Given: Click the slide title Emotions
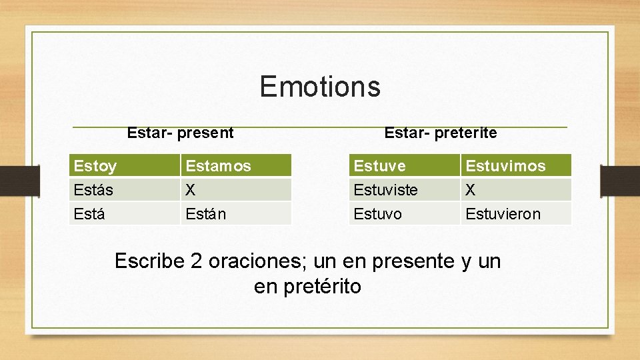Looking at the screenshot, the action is point(320,86).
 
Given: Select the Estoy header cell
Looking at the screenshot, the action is point(125,165).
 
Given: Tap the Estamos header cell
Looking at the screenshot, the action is point(236,165).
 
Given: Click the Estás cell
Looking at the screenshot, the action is point(125,189).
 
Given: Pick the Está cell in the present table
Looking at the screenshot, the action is point(125,213).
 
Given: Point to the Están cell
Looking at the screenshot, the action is point(236,213).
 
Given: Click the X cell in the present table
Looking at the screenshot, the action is point(236,189).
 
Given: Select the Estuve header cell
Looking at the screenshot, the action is point(405,165).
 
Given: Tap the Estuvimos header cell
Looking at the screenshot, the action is point(516,165).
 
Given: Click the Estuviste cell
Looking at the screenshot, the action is point(405,189).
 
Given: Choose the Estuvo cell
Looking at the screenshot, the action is point(405,213).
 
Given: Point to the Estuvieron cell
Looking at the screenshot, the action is point(516,213).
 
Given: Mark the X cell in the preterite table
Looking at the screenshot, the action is point(516,189).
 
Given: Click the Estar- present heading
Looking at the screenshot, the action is point(180,133).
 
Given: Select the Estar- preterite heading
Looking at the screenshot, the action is point(441,133).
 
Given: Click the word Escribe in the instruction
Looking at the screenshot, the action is point(149,261).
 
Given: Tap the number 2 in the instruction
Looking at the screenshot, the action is point(196,261).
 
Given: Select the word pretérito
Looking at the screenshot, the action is point(323,286).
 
